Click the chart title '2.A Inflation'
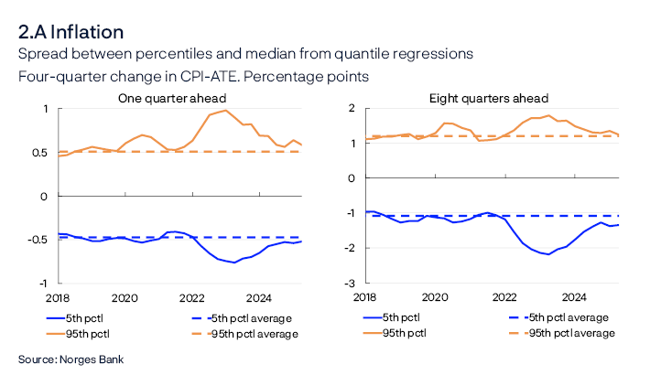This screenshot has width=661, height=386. [70, 32]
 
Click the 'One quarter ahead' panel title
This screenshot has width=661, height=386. [172, 98]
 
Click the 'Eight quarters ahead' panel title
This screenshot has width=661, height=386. [488, 98]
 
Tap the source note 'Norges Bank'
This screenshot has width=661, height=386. [92, 359]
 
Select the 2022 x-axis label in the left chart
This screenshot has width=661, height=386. [191, 297]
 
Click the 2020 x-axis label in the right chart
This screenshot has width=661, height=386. [434, 297]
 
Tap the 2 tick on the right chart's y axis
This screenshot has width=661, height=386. [352, 108]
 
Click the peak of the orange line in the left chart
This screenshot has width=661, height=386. [225, 111]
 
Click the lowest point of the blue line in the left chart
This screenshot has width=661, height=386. [234, 263]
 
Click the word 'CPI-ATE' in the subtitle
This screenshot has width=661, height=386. [187, 77]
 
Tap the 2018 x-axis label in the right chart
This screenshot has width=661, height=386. [364, 297]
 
